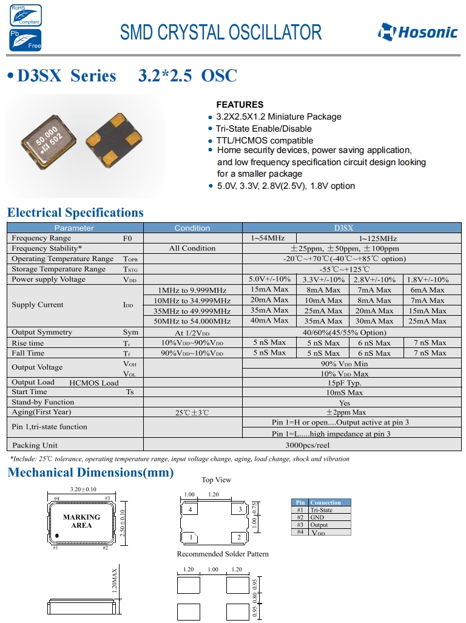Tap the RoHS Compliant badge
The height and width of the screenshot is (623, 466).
(25, 15)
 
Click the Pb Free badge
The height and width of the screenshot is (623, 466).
(25, 39)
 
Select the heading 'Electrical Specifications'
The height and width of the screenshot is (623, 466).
(75, 213)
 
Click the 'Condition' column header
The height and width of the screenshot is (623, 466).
(192, 228)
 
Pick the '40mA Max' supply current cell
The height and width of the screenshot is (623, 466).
(269, 321)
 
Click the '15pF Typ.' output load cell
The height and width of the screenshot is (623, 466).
(345, 383)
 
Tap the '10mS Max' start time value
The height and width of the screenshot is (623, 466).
(345, 392)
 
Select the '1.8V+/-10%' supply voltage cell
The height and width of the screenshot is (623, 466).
(428, 279)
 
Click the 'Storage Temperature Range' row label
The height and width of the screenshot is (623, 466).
(59, 269)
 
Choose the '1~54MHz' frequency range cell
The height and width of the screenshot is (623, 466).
(268, 238)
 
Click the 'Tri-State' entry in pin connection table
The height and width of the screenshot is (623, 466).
(321, 510)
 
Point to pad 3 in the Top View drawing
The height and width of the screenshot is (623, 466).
(240, 509)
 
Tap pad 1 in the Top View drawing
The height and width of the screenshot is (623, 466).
(191, 537)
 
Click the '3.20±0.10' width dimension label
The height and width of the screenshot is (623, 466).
(84, 489)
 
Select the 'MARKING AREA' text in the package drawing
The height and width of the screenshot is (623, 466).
(81, 521)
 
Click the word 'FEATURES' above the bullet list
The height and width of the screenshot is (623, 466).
(240, 104)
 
